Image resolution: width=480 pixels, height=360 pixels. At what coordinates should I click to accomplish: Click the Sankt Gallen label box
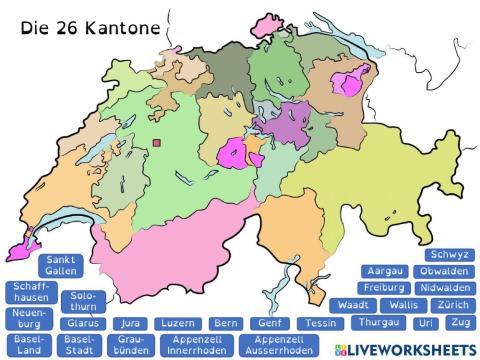coord(59,267)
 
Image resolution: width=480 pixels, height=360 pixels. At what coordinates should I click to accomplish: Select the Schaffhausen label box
coord(28,293)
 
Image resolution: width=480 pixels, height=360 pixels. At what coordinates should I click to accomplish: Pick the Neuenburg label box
coord(27,319)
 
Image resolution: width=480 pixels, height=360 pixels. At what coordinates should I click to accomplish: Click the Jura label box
coord(129,324)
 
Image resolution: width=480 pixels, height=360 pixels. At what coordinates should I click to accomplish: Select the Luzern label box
coord(177,324)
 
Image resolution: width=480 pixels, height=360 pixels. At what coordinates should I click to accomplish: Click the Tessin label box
coord(320,324)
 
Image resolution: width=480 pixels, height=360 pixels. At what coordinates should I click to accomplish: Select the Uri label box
coord(426,323)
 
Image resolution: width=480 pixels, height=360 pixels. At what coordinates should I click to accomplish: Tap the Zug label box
coord(460,323)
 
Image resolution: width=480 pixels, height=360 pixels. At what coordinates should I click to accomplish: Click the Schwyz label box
coord(446,255)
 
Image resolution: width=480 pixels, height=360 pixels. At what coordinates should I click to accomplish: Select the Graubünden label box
coord(132,346)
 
